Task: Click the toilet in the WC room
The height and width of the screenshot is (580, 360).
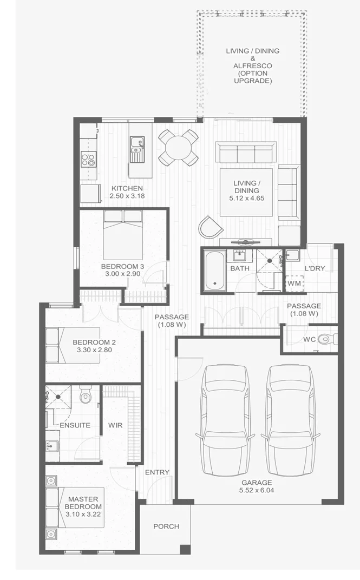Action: tap(325, 339)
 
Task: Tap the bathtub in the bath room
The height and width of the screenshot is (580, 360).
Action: tap(214, 270)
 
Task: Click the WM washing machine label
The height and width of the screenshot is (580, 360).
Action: tap(294, 284)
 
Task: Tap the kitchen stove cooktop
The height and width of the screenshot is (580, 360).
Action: tap(88, 160)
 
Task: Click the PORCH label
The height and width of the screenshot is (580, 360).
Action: tap(166, 526)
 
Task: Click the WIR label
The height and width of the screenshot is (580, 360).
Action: tap(115, 425)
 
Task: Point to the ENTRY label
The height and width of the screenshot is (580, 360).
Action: tap(157, 472)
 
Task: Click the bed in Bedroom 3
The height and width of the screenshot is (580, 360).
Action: tap(122, 235)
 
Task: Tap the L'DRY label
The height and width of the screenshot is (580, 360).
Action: tap(313, 268)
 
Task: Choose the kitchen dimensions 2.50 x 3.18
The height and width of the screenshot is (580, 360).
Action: tap(127, 196)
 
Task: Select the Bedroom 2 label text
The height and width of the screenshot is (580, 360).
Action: tap(94, 342)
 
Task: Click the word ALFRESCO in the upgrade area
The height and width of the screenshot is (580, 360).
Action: tap(253, 66)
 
